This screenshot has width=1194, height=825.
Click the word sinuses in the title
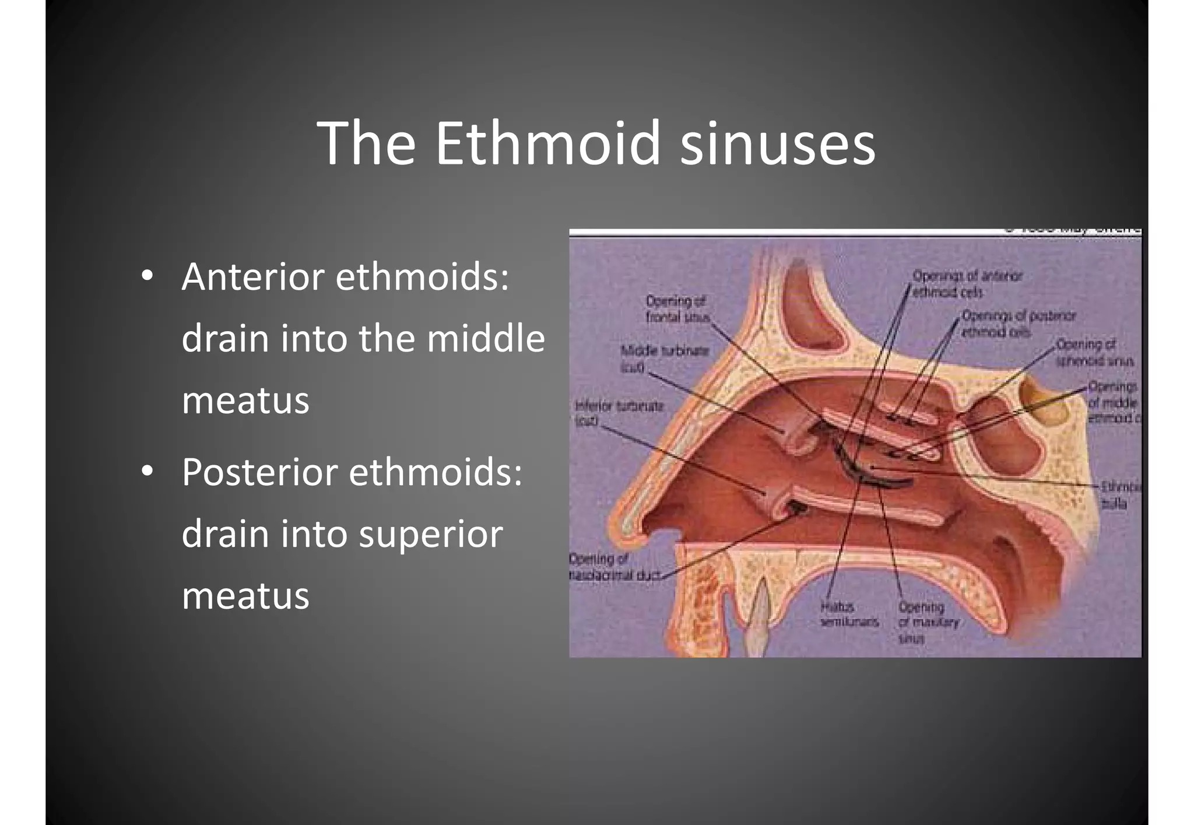pos(778,143)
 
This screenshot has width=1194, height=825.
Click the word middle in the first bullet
pos(486,339)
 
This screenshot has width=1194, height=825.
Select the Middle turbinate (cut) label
pos(664,357)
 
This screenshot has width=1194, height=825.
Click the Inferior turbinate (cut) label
pos(618,412)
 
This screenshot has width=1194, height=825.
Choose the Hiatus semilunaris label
pos(848,615)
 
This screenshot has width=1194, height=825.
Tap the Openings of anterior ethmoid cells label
pos(966,283)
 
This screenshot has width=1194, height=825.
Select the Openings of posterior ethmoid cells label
pos(1017,324)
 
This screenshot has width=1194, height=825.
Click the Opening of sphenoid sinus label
pos(1094,352)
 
